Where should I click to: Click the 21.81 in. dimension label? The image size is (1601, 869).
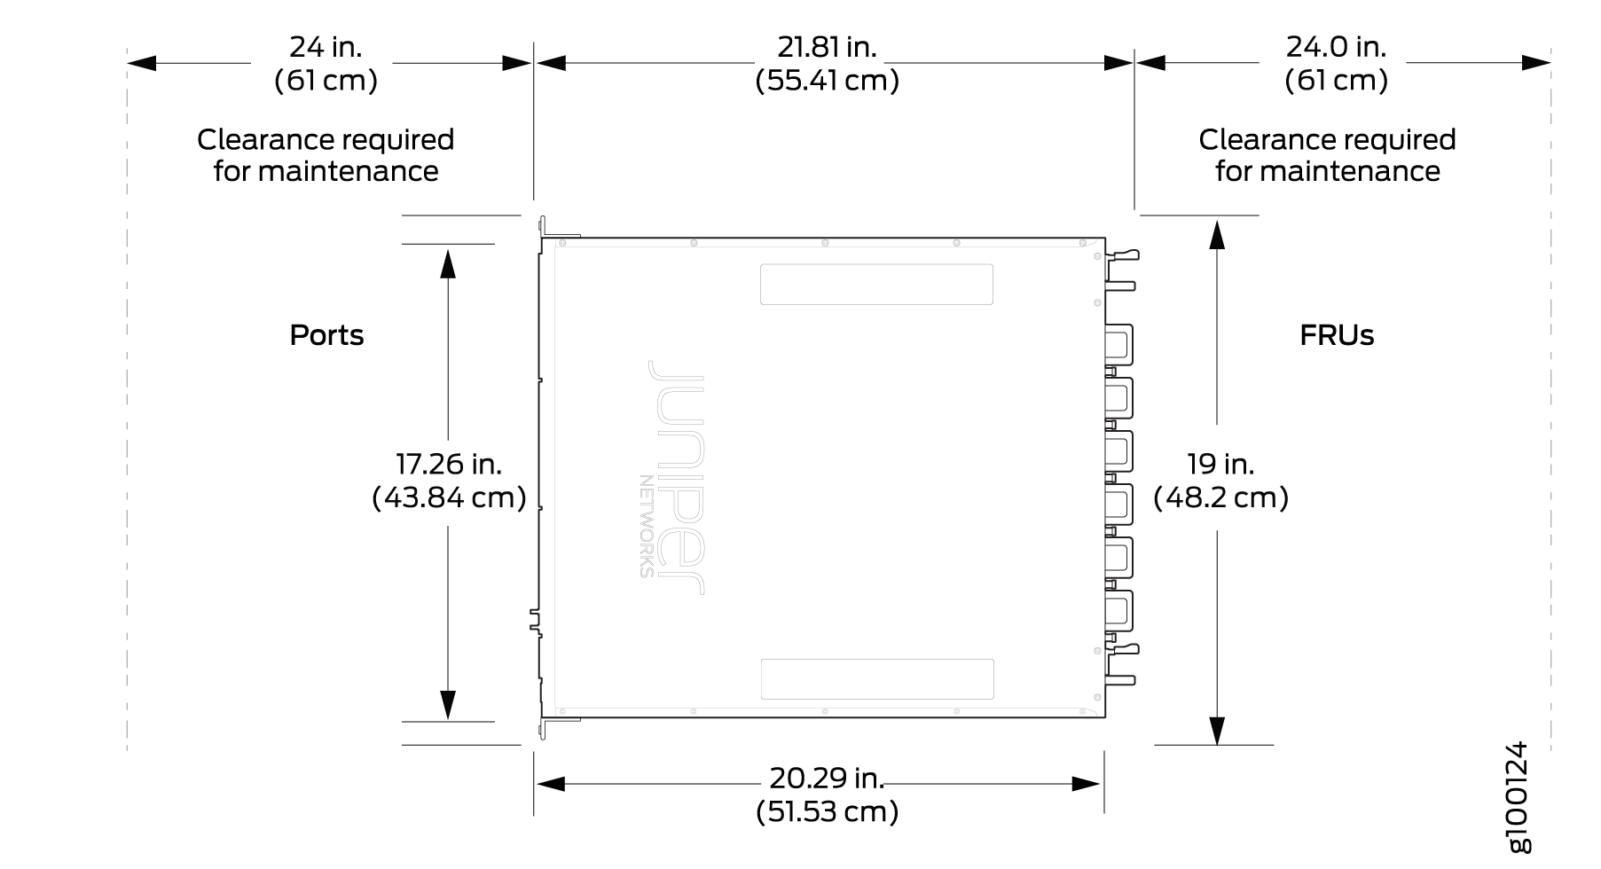click(827, 46)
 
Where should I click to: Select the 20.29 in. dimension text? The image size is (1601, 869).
click(827, 778)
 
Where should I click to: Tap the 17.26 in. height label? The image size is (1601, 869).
click(449, 463)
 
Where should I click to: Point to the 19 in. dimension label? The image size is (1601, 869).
click(1220, 463)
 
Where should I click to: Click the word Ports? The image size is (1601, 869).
click(326, 335)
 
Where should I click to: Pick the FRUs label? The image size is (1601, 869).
click(1337, 335)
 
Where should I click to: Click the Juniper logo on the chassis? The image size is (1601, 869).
click(674, 477)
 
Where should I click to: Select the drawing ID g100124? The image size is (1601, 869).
click(1519, 796)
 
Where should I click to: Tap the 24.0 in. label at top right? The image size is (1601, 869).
click(1336, 46)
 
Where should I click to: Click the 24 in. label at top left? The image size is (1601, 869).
click(326, 46)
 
